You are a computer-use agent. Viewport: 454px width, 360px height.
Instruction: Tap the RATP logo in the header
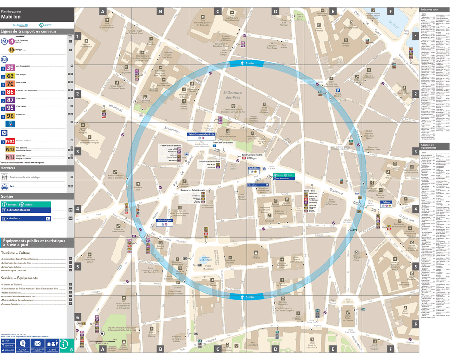[x=42, y=25]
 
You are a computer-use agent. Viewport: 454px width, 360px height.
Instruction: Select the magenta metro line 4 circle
[x=12, y=41]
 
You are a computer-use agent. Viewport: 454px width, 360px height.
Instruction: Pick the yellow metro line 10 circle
[x=12, y=50]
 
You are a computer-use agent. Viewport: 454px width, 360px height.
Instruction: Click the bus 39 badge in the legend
[x=10, y=68]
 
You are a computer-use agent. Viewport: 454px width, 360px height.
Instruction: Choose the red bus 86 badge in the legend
[x=10, y=92]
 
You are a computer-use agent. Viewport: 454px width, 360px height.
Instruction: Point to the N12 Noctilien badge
[x=10, y=149]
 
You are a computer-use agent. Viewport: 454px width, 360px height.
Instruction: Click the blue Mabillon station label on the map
[x=253, y=168]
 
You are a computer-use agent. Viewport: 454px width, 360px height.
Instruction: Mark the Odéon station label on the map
[x=386, y=202]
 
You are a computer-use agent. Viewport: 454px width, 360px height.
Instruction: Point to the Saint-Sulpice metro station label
[x=164, y=221]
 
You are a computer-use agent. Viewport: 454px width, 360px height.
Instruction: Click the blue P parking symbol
[x=338, y=90]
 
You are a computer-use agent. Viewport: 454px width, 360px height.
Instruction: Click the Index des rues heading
[x=429, y=9]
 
